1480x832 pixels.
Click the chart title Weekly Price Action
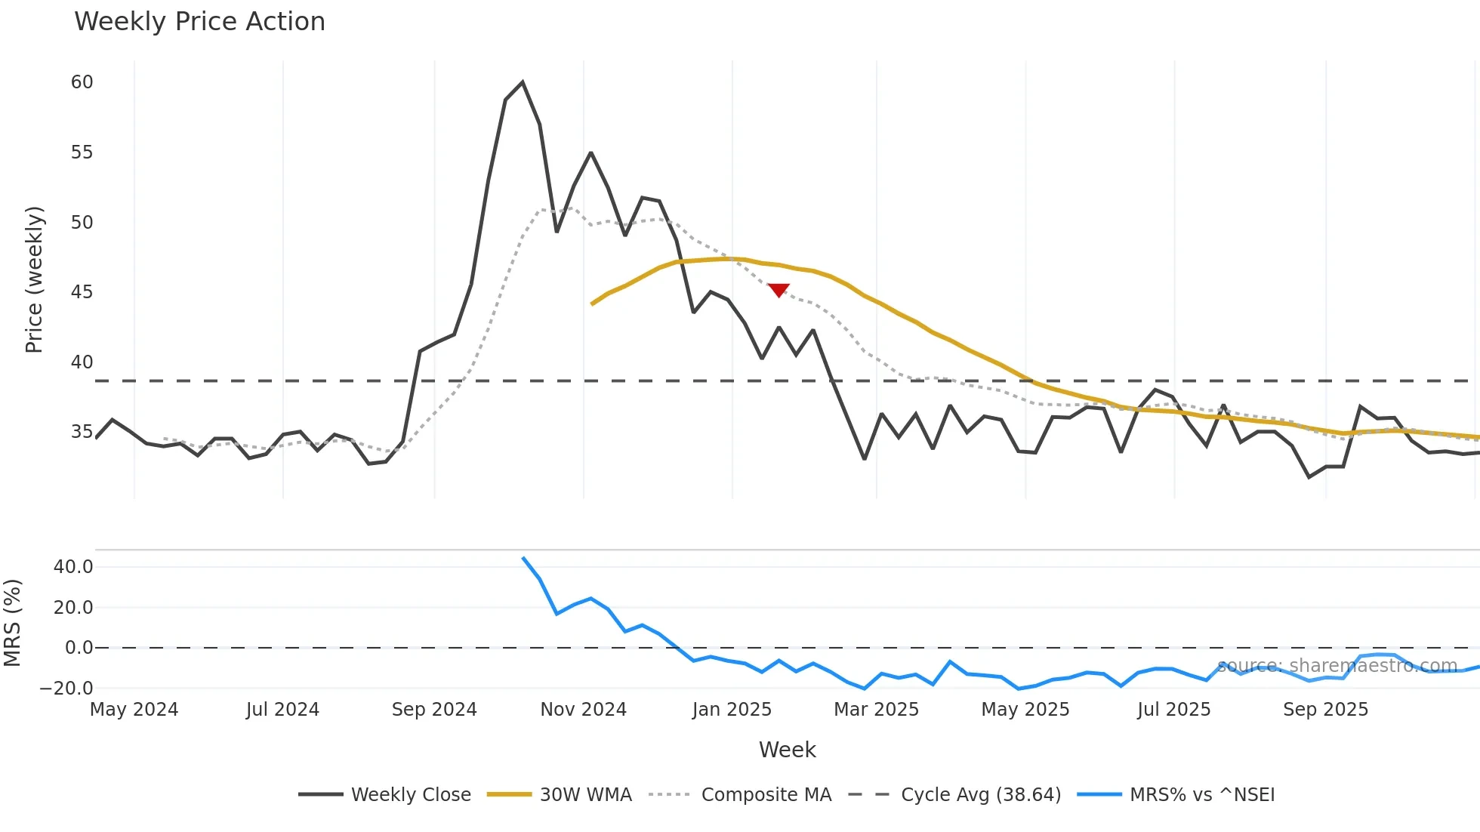coord(199,22)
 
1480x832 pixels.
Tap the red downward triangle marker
coord(779,290)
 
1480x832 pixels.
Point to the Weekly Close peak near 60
coord(523,82)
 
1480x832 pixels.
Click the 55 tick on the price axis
coord(82,153)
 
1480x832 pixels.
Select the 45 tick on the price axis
coord(82,292)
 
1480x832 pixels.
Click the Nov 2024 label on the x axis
coord(583,710)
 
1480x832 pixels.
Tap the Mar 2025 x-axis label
coord(876,710)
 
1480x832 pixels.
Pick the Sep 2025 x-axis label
coord(1325,710)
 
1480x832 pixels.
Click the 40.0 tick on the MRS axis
coord(73,567)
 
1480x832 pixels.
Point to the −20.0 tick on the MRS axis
coord(66,689)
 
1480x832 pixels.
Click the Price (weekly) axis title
coord(34,279)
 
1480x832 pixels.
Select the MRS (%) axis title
coord(12,623)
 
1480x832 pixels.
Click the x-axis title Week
coord(787,750)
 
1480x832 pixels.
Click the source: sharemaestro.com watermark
coord(1337,666)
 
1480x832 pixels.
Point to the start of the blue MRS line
coord(523,558)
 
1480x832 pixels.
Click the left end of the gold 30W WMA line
coord(592,304)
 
